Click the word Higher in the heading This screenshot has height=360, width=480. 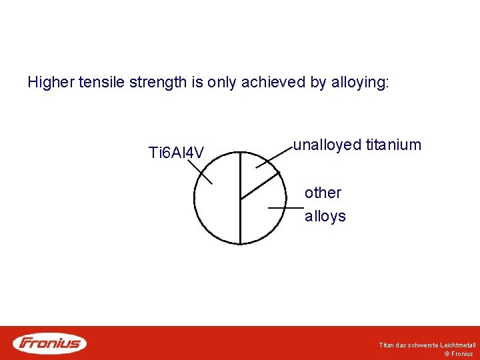click(x=51, y=83)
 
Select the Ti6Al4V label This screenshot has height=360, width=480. click(x=176, y=153)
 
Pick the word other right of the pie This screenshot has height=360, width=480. click(x=323, y=193)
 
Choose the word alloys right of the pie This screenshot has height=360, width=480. click(x=325, y=216)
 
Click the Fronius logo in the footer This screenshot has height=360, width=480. click(x=50, y=343)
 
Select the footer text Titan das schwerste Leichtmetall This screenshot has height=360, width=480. click(x=427, y=345)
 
